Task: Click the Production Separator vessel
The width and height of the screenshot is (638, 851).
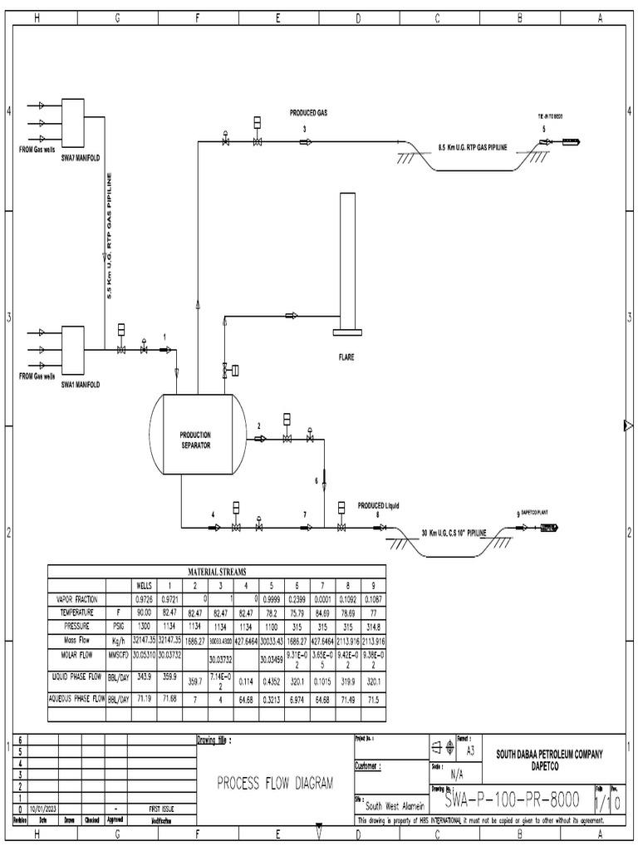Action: click(x=197, y=435)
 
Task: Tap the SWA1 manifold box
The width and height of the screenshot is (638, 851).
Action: click(x=73, y=349)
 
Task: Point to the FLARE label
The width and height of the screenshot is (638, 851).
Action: click(x=346, y=357)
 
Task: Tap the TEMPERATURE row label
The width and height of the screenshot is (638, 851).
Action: click(x=76, y=612)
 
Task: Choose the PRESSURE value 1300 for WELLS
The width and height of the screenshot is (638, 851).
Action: click(x=146, y=626)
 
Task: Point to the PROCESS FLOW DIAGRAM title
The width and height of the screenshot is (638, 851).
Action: click(x=275, y=782)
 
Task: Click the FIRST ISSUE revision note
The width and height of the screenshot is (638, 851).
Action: click(x=161, y=808)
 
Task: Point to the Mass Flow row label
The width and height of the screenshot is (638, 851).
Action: click(x=76, y=640)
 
